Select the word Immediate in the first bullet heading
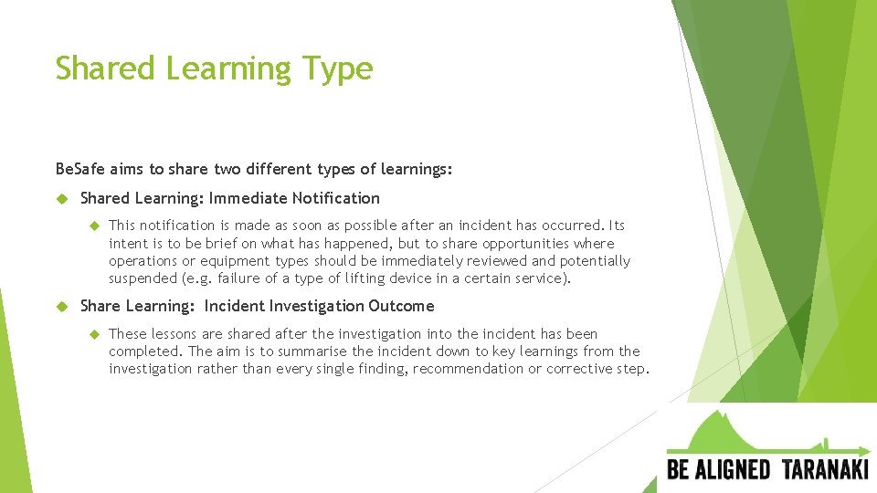pyautogui.click(x=248, y=198)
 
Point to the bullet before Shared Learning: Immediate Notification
pyautogui.click(x=62, y=198)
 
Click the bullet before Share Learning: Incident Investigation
pyautogui.click(x=62, y=306)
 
